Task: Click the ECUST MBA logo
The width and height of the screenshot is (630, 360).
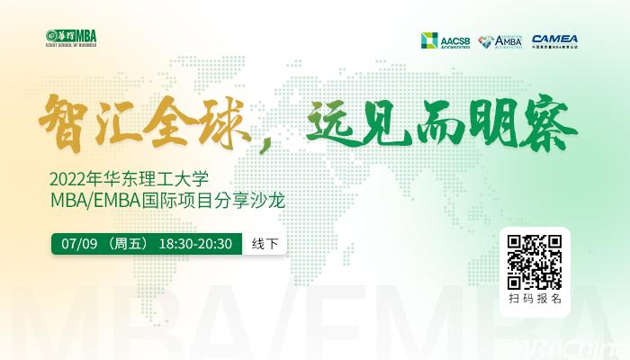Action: pyautogui.click(x=70, y=39)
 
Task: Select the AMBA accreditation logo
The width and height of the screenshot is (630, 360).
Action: pyautogui.click(x=499, y=40)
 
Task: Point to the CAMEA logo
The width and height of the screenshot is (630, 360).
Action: pyautogui.click(x=555, y=40)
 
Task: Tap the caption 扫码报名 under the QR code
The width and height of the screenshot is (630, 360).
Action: pyautogui.click(x=535, y=298)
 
